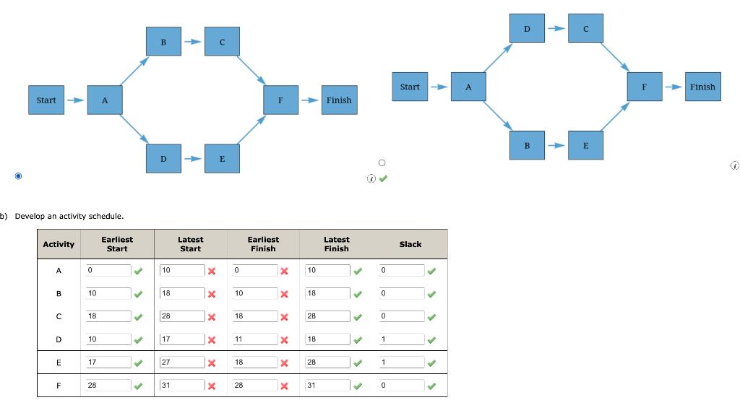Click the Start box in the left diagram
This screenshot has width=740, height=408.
click(x=46, y=100)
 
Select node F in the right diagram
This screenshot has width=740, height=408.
click(x=644, y=87)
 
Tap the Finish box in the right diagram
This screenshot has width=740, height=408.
click(x=702, y=87)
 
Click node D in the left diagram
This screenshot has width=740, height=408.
click(x=163, y=158)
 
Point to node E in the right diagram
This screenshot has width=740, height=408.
click(x=585, y=145)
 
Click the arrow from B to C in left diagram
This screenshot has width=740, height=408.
click(x=192, y=43)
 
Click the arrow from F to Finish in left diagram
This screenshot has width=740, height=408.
click(x=309, y=100)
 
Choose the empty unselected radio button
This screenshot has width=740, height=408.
click(x=382, y=162)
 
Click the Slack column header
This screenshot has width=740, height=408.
click(x=410, y=244)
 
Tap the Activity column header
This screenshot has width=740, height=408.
click(x=59, y=244)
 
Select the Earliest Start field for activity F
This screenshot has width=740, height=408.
click(x=108, y=386)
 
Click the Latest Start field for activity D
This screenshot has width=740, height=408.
click(x=181, y=339)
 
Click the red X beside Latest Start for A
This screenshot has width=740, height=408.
click(x=212, y=271)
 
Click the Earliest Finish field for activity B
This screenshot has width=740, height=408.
click(x=254, y=293)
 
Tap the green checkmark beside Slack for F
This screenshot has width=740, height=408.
click(x=431, y=386)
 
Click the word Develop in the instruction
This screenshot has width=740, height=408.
click(x=31, y=216)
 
